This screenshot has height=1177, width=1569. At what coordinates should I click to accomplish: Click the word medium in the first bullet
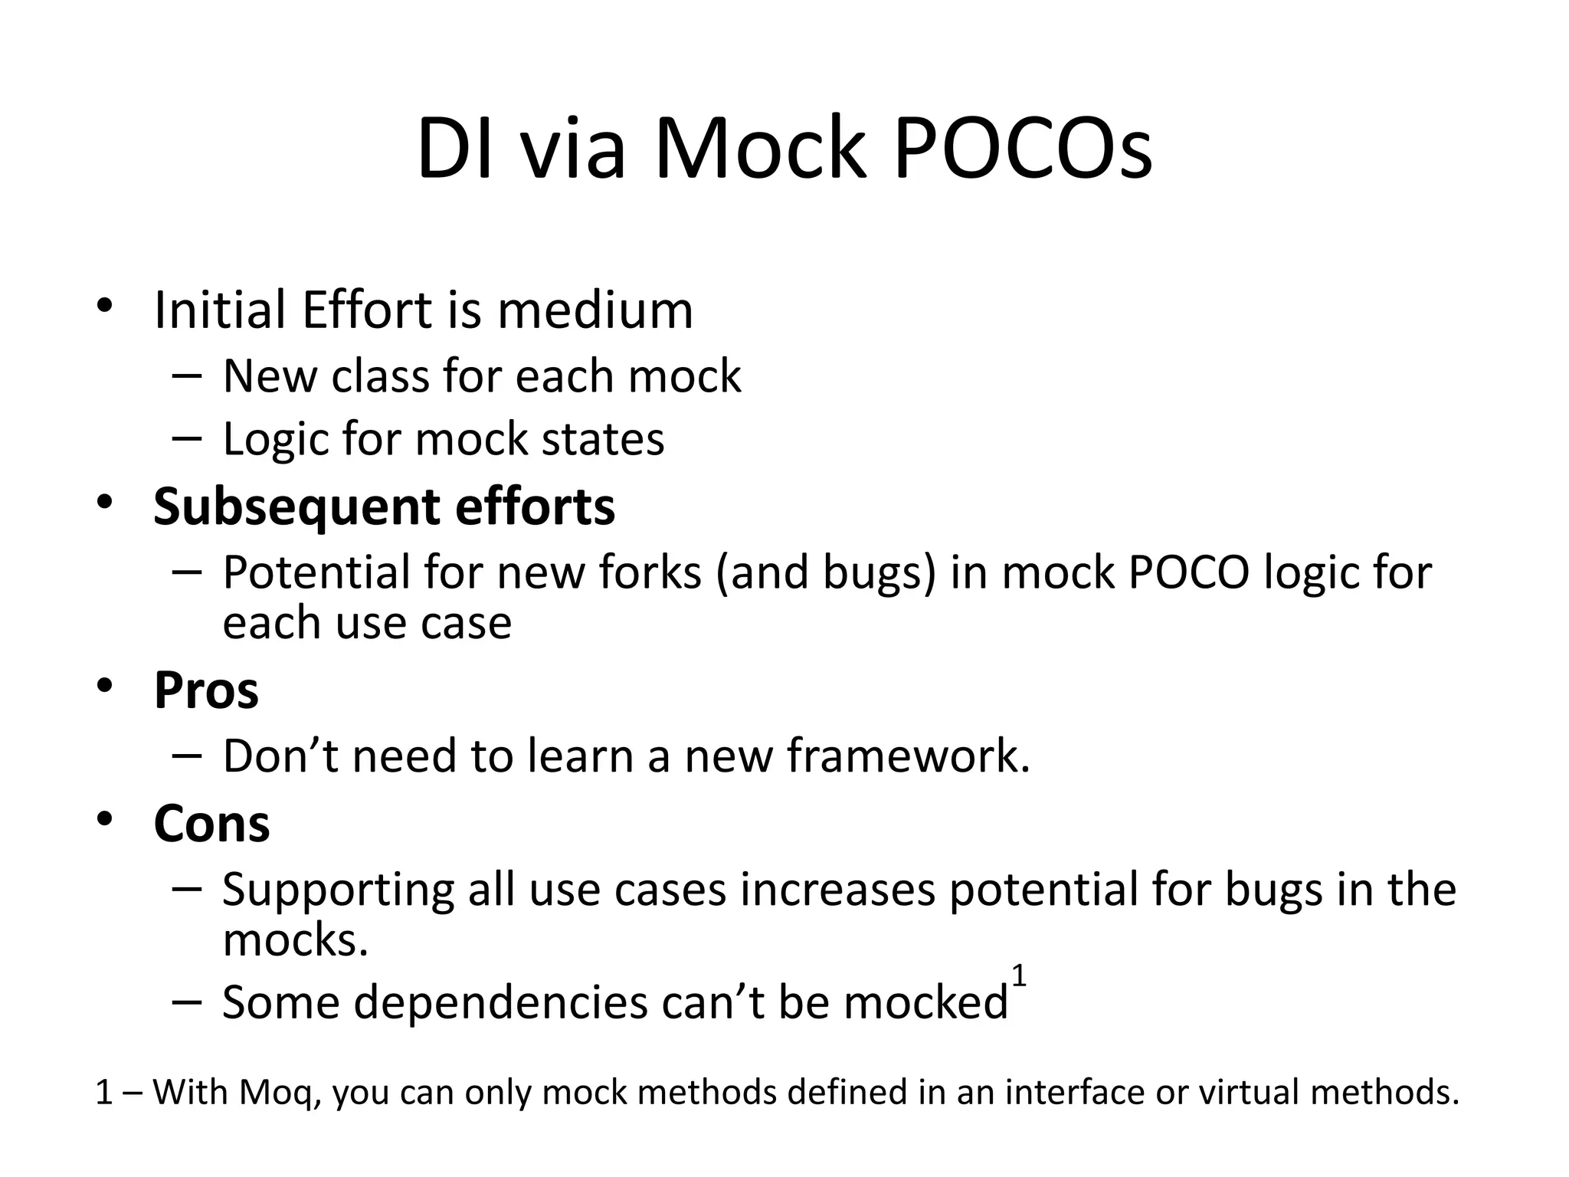pos(595,310)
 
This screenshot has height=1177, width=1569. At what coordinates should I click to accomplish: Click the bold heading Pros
pos(206,690)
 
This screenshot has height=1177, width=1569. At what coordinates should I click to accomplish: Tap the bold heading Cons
pos(211,824)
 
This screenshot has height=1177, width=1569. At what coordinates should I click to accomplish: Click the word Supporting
pos(338,890)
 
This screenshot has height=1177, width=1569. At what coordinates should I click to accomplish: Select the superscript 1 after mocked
pos(1018,977)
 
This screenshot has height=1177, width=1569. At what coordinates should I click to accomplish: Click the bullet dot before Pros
pos(104,685)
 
